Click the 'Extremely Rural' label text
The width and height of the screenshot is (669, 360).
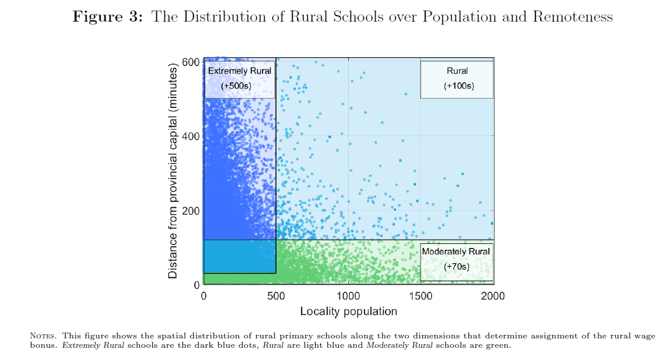(239, 71)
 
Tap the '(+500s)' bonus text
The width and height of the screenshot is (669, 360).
(239, 86)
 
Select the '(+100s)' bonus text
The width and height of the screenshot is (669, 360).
(458, 86)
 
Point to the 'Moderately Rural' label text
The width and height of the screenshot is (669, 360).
(456, 251)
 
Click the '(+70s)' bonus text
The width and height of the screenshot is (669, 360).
(456, 267)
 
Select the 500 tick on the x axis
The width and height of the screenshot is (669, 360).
(276, 296)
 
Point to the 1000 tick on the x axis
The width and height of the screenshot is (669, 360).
(348, 296)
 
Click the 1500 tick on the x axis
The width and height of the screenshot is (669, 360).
(421, 296)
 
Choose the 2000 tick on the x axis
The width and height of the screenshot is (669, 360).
(493, 296)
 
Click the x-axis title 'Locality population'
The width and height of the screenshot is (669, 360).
(348, 311)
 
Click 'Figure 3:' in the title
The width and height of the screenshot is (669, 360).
(108, 17)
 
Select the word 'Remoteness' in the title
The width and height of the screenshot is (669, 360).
(572, 17)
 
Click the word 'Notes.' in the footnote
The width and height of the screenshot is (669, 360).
(44, 336)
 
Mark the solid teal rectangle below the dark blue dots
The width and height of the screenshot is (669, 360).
(239, 256)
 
